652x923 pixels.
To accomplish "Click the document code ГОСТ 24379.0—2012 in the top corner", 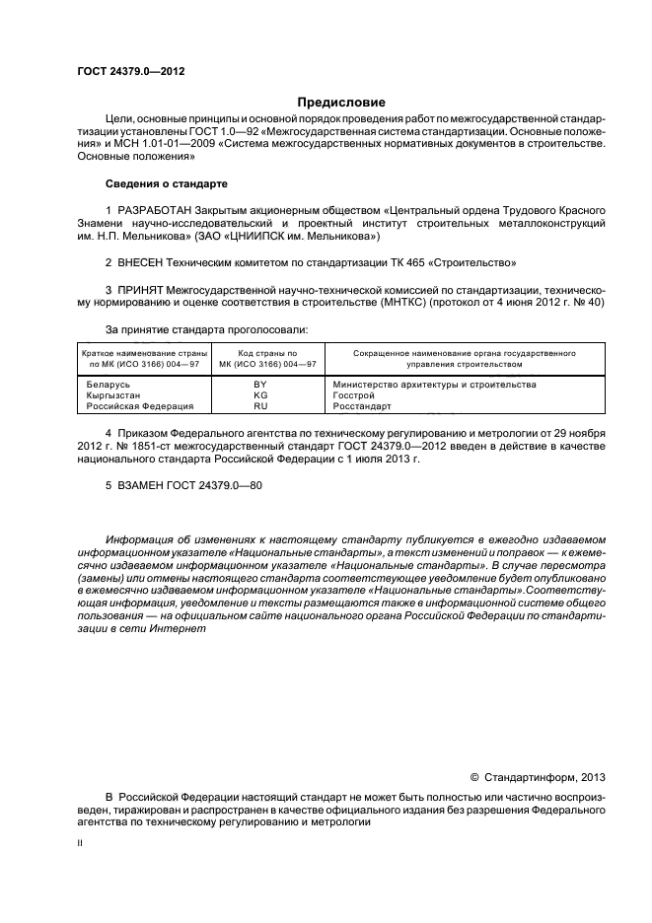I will [130, 72].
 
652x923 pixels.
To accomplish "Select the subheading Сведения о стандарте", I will [166, 184].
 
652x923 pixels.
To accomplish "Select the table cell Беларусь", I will [109, 384].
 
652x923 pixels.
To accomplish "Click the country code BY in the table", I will [260, 384].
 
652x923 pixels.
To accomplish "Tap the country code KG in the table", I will [260, 394].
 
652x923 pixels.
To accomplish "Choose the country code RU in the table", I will [260, 405].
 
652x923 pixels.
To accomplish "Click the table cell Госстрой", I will [355, 394].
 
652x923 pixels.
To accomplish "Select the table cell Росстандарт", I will [362, 405].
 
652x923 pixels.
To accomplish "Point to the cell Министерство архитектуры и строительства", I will [434, 384].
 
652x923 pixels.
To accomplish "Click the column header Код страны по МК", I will [260, 358].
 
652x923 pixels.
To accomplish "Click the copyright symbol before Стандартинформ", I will [472, 777].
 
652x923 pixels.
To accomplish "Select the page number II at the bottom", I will [80, 845].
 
